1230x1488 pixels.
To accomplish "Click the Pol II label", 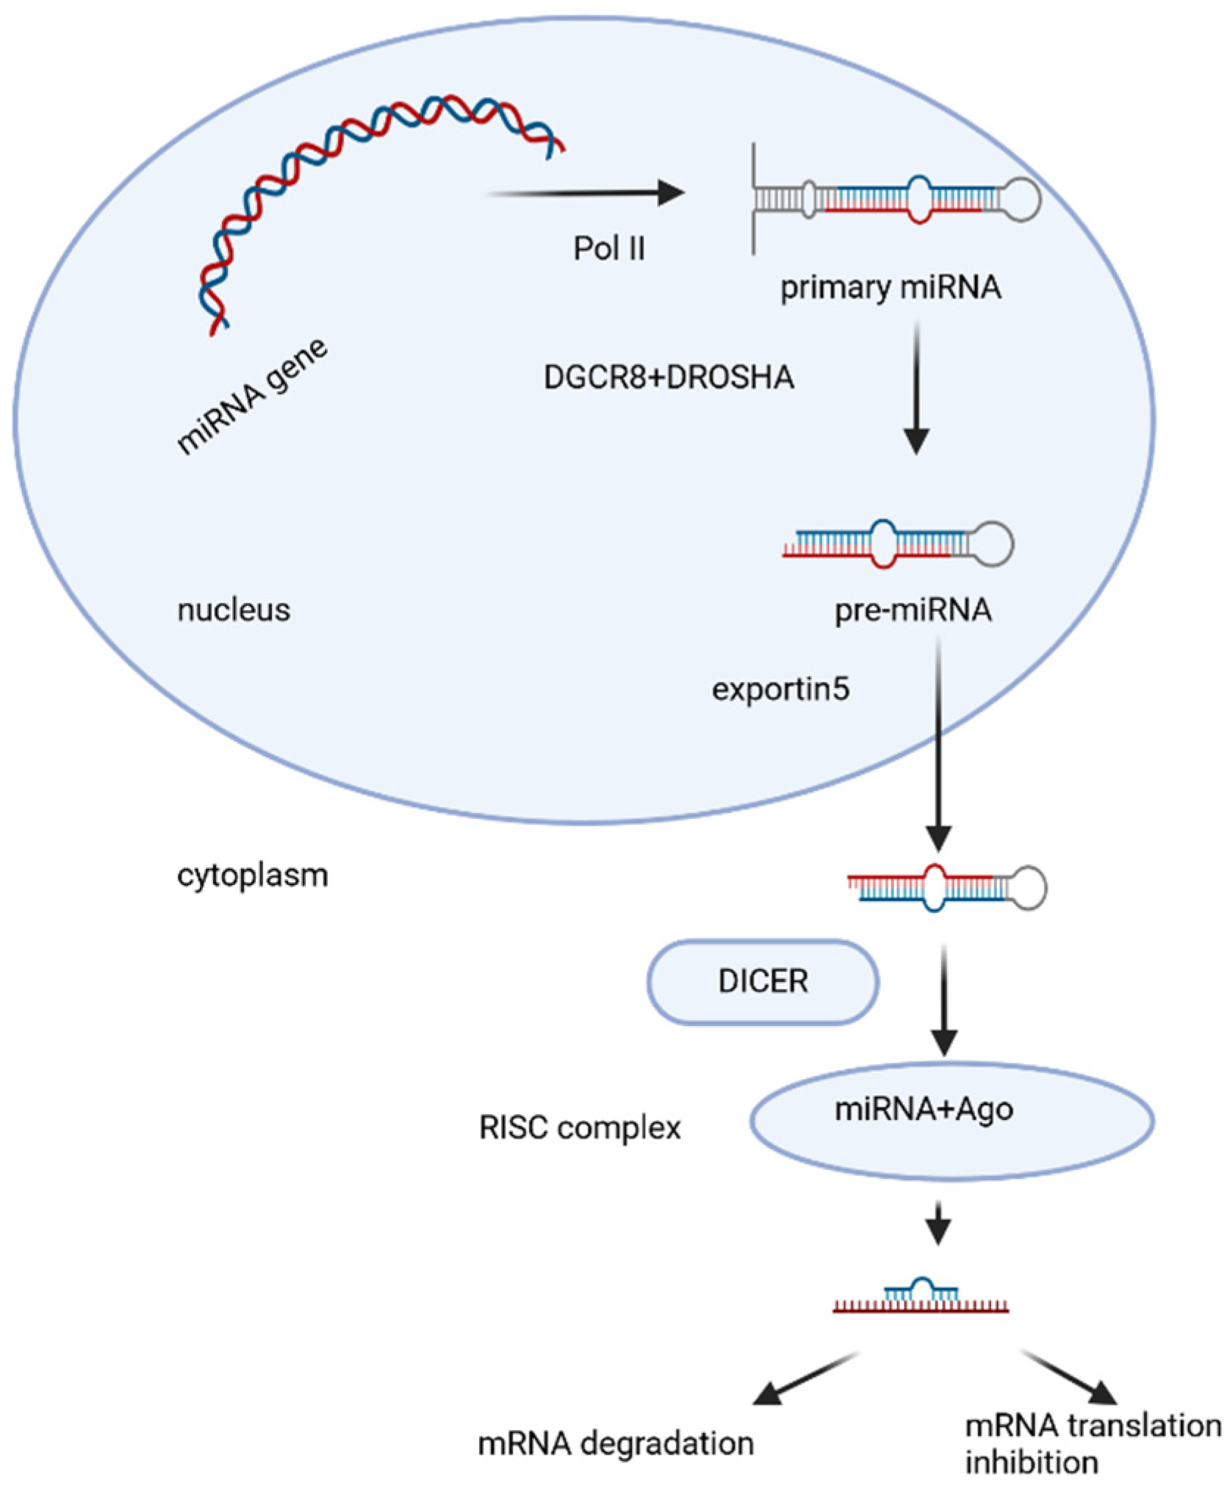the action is [x=609, y=248].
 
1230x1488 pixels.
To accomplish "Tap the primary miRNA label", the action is [x=891, y=287].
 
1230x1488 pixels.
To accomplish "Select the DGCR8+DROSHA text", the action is [x=669, y=378].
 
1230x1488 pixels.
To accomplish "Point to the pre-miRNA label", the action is [x=913, y=610].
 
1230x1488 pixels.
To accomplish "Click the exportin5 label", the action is [x=780, y=689].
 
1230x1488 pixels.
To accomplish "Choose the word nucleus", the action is [x=234, y=610].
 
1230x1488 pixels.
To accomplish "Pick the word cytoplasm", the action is [x=252, y=875].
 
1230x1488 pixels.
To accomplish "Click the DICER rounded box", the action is [x=763, y=981].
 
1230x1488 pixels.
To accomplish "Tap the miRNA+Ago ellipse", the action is [x=952, y=1121].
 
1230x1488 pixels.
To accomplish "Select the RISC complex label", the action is [x=580, y=1127].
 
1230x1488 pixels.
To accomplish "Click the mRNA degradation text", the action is [x=616, y=1443].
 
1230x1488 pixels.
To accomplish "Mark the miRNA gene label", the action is [x=252, y=397].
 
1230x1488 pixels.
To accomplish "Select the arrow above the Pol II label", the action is [x=586, y=193].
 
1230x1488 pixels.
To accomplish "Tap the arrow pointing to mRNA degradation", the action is [x=806, y=1379].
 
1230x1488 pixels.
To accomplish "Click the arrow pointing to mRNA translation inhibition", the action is [x=1070, y=1378].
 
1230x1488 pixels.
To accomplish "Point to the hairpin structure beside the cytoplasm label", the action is [x=947, y=887].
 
